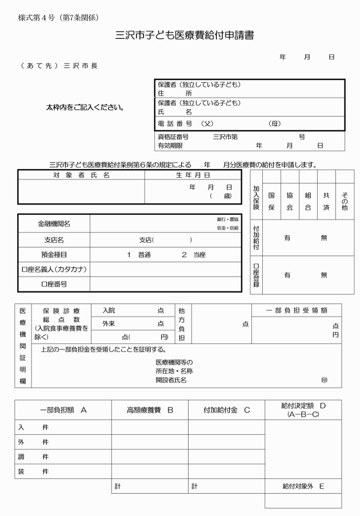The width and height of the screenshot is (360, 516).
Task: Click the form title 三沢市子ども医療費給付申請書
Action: pos(180,35)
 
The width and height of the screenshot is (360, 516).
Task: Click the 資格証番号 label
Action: pos(173,137)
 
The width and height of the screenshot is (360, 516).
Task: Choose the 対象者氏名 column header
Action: pos(81,175)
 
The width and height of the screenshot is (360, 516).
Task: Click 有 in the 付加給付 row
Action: pos(287,237)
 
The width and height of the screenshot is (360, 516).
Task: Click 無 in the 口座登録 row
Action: pos(324,275)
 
